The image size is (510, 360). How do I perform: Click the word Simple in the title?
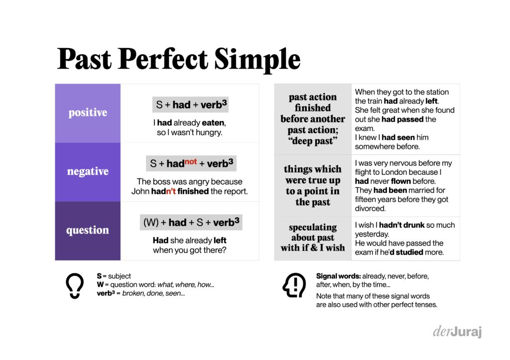tap(257, 60)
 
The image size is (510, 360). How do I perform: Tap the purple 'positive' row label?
tap(88, 113)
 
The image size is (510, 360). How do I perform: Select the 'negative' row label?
tap(88, 171)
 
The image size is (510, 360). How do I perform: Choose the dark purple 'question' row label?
tap(88, 230)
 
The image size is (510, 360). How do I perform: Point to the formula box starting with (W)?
tap(191, 223)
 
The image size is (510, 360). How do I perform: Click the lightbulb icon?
tap(75, 285)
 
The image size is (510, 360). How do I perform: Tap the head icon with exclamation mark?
tap(294, 285)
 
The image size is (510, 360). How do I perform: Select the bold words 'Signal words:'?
tap(339, 276)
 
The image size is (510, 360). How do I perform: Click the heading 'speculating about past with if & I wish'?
tap(313, 238)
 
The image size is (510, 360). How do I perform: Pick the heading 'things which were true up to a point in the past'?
tap(313, 185)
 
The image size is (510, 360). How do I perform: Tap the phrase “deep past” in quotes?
tap(313, 141)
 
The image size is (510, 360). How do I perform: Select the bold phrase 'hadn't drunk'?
tap(402, 225)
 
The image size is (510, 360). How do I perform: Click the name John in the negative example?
tap(140, 191)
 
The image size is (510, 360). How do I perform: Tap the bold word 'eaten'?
tap(214, 122)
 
